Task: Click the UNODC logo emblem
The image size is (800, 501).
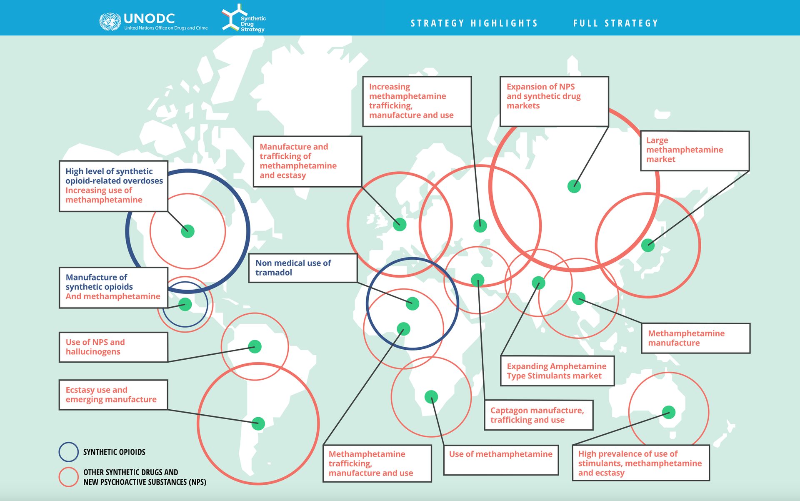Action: (x=110, y=22)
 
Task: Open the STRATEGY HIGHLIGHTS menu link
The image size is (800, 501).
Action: (x=474, y=23)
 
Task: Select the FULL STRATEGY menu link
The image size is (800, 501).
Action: (x=615, y=23)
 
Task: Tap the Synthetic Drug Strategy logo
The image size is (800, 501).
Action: (x=244, y=18)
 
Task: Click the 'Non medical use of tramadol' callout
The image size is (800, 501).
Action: (x=303, y=268)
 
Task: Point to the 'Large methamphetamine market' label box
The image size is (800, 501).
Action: (x=695, y=150)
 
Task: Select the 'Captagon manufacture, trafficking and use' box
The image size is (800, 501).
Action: (x=538, y=415)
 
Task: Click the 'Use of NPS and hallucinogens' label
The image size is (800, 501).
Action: (x=113, y=347)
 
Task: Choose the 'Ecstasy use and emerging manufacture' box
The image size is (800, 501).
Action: (x=113, y=395)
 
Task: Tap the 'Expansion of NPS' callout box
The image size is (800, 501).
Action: (x=554, y=101)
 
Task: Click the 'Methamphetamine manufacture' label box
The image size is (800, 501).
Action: (x=695, y=338)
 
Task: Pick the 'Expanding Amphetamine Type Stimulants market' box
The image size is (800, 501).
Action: (x=557, y=371)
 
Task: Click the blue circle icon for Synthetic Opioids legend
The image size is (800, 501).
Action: (x=68, y=452)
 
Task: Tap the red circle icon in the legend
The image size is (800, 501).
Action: (x=68, y=477)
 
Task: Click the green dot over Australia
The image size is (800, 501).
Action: (x=669, y=412)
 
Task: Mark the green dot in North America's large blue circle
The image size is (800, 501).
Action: (x=188, y=231)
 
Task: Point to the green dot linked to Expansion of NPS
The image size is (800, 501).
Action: (x=574, y=186)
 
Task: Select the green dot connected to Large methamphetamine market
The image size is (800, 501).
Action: (x=648, y=245)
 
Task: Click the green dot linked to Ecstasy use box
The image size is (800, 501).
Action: (x=258, y=423)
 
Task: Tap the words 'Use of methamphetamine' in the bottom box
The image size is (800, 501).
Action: (x=500, y=454)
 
